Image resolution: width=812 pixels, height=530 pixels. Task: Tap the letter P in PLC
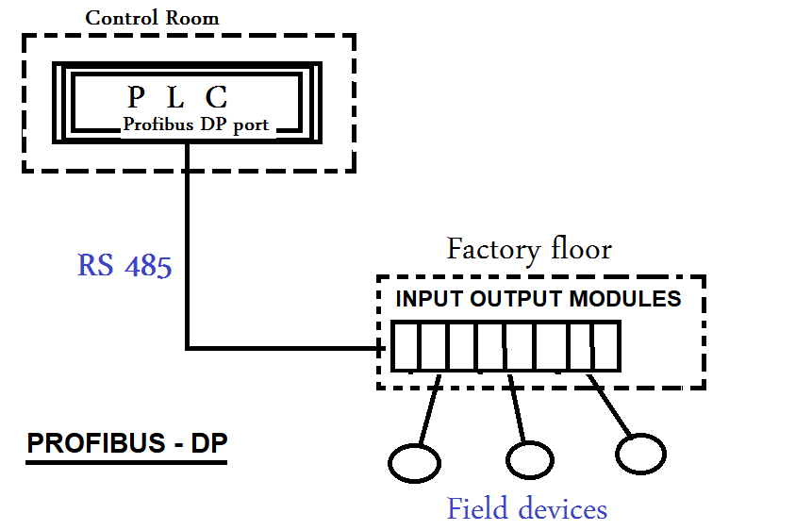click(137, 96)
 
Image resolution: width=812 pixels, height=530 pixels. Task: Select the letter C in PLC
click(218, 96)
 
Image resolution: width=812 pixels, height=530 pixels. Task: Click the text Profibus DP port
click(195, 124)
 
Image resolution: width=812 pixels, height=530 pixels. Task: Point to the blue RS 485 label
click(124, 265)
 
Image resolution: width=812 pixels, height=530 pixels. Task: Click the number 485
click(147, 265)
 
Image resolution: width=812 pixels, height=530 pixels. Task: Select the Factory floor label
click(528, 249)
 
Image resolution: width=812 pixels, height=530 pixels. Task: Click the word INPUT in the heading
click(427, 300)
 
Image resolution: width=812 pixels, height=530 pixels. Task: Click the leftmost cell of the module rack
click(406, 346)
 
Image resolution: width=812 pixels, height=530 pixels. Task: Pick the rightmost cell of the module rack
click(605, 346)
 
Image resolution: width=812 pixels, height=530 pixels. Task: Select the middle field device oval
click(529, 459)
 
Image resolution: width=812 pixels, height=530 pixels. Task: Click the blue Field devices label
click(526, 509)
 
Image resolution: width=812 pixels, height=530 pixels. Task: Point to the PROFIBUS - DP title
click(126, 444)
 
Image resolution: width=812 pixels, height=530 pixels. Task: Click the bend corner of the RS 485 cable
click(188, 347)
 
